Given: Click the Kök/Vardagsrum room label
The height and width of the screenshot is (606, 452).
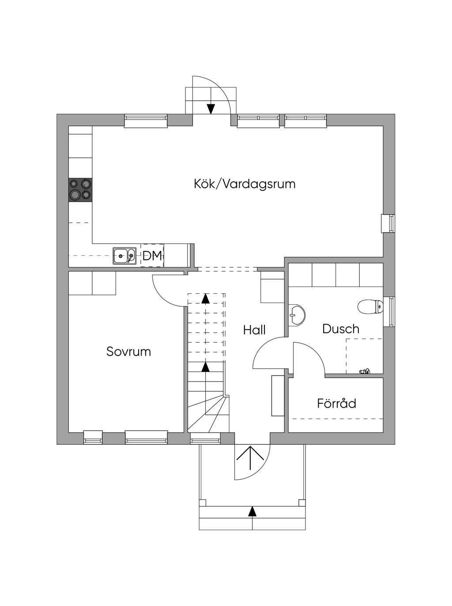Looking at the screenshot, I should tap(245, 184).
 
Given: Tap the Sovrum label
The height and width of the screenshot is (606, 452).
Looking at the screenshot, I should tap(128, 352).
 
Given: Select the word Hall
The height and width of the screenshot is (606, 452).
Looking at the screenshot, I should tap(254, 330).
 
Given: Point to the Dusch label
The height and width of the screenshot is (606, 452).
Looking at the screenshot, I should tap(341, 329).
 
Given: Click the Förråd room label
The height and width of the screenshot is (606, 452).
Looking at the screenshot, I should tap(336, 403).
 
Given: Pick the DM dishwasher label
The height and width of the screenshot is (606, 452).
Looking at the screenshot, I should tap(152, 256).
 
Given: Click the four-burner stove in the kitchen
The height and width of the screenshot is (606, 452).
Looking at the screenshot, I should tap(80, 189).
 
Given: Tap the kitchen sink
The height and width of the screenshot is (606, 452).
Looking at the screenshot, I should tap(124, 256).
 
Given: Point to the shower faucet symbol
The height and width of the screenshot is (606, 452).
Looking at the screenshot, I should tap(365, 371).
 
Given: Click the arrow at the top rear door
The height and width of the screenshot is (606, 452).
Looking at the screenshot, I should tap(211, 108).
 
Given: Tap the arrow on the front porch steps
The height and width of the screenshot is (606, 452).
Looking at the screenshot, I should tap(252, 511).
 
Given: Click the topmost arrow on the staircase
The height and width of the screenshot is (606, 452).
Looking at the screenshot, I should tap(205, 299).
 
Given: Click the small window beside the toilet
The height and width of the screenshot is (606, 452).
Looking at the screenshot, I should tap(390, 311).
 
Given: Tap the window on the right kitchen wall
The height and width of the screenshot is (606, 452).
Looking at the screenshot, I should tap(388, 223).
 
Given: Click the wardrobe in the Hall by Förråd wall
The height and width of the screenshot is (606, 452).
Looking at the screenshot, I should tap(277, 395).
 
